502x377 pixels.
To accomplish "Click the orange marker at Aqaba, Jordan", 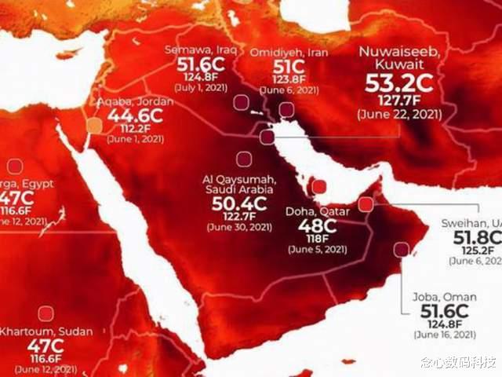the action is [93, 126].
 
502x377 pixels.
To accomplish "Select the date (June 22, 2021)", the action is [398, 114].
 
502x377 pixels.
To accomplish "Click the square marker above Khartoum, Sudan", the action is [45, 313].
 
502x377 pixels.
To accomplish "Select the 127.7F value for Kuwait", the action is [398, 101].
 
